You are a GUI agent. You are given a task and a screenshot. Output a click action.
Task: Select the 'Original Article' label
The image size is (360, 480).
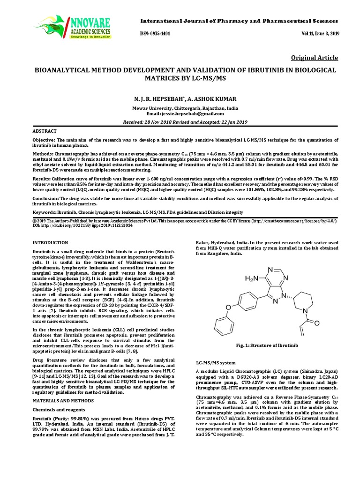(x=315, y=58)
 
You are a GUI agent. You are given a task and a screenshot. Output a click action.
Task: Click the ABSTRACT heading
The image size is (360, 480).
(x=45, y=131)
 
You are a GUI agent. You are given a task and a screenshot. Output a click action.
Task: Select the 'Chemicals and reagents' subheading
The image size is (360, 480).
(x=57, y=411)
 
